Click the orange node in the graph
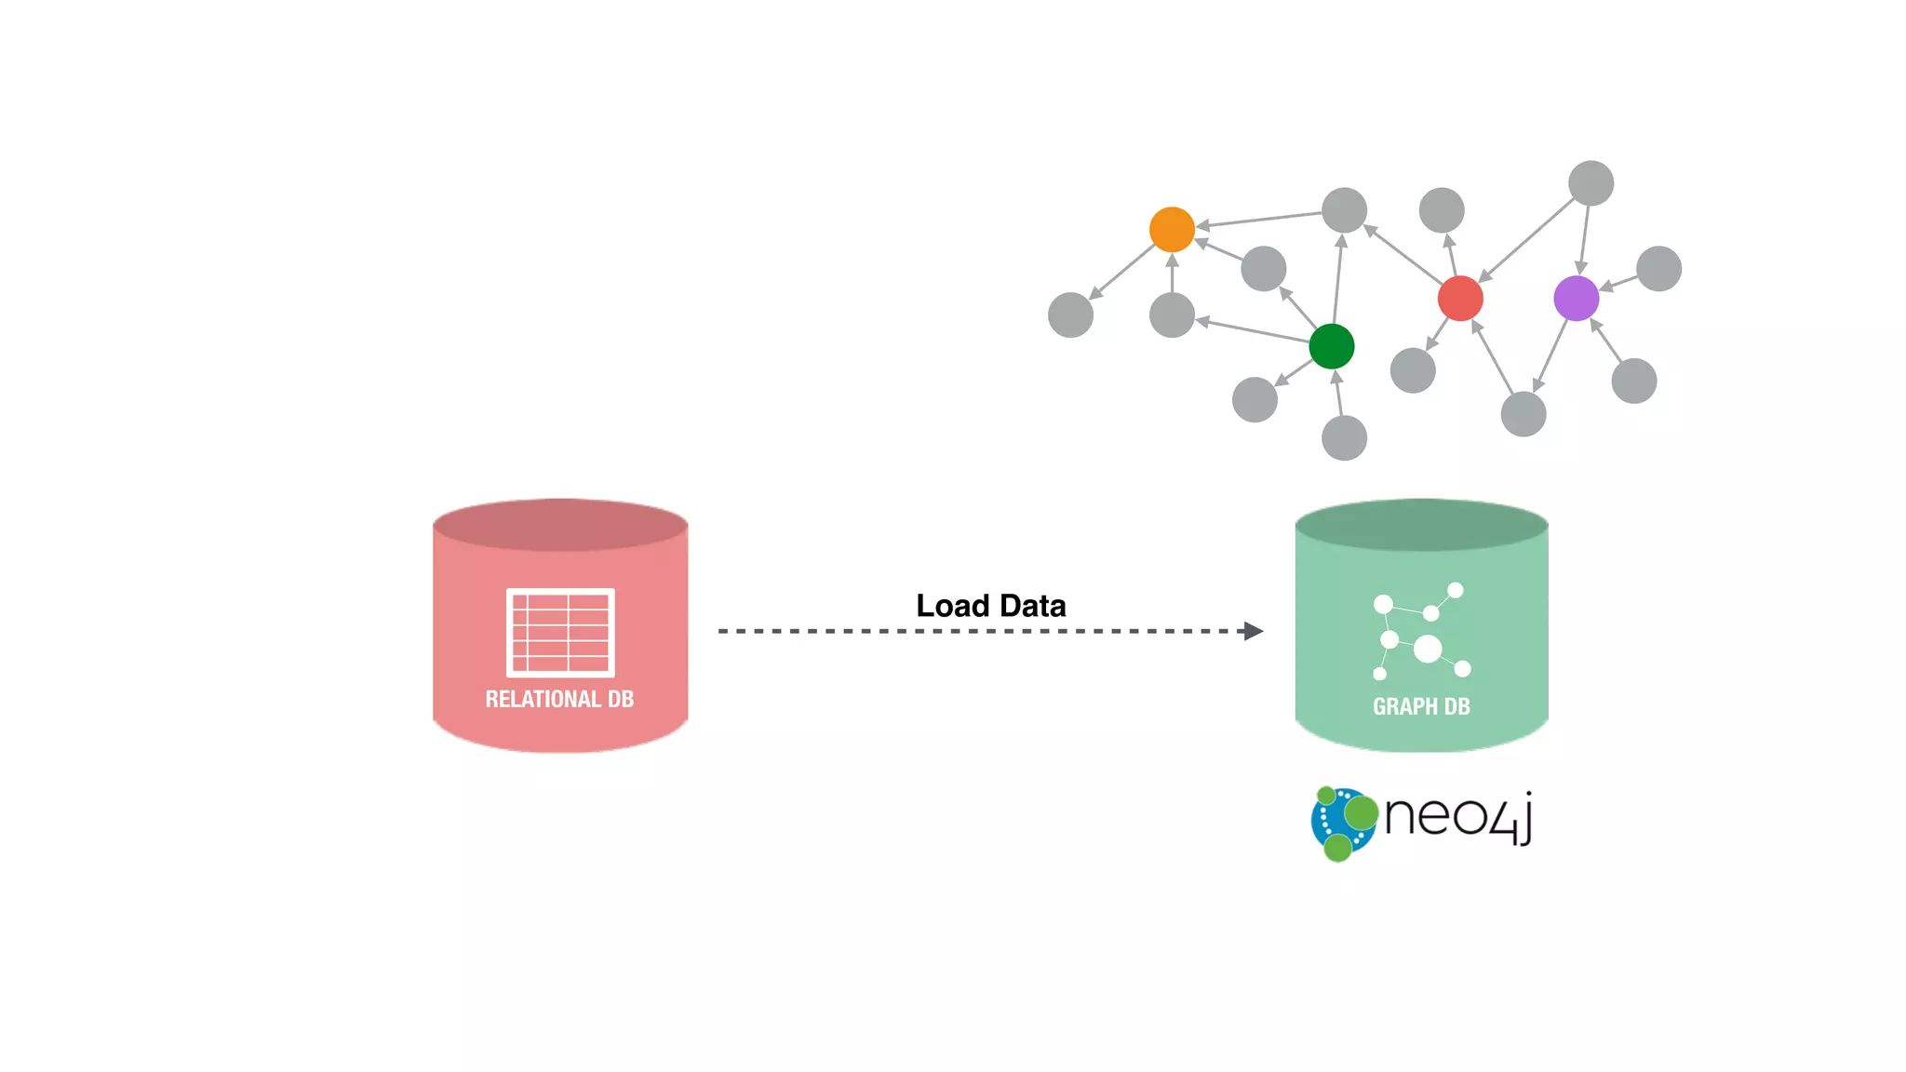coord(1172,230)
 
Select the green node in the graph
coord(1331,346)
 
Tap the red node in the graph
coord(1459,299)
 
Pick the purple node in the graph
coord(1576,299)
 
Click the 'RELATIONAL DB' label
coord(559,700)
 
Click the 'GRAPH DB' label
coord(1421,707)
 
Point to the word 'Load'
coord(952,606)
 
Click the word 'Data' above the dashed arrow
coord(1032,606)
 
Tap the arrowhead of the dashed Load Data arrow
coord(1254,631)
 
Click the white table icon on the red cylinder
coord(560,632)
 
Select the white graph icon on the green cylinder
coord(1421,632)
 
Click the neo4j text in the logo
coord(1457,816)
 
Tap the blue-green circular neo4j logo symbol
coord(1343,823)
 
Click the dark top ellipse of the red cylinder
coord(560,525)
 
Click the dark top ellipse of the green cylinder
coord(1421,525)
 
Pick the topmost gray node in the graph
coord(1591,183)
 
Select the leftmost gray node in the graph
coord(1070,315)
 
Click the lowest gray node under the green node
coord(1344,437)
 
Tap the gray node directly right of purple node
coord(1658,269)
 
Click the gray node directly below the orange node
coord(1172,315)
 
